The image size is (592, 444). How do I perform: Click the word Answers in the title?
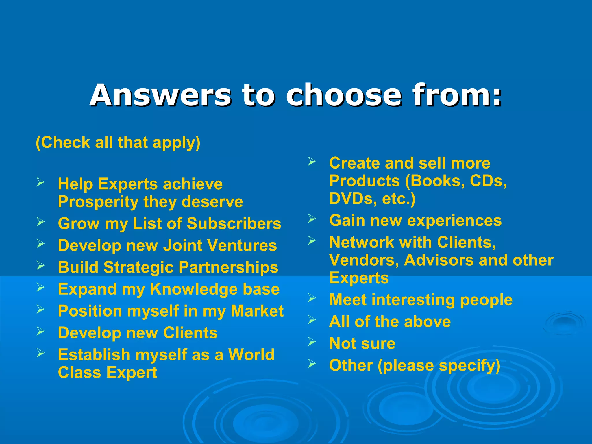pyautogui.click(x=160, y=95)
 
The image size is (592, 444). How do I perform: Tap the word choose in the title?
pyautogui.click(x=344, y=95)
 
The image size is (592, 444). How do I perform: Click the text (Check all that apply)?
pyautogui.click(x=118, y=143)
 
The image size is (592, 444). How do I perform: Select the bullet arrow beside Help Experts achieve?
pyautogui.click(x=40, y=182)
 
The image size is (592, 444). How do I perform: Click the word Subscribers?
pyautogui.click(x=234, y=224)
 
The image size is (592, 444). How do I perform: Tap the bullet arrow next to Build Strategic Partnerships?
pyautogui.click(x=40, y=265)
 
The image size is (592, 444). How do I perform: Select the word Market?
pyautogui.click(x=257, y=311)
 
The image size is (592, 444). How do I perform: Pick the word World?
pyautogui.click(x=251, y=355)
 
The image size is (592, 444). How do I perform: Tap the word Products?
pyautogui.click(x=365, y=181)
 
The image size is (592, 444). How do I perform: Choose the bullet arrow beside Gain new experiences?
pyautogui.click(x=312, y=219)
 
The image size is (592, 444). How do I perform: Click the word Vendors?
pyautogui.click(x=364, y=260)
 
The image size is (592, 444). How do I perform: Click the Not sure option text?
pyautogui.click(x=362, y=344)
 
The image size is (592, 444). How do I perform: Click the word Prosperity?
pyautogui.click(x=98, y=202)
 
